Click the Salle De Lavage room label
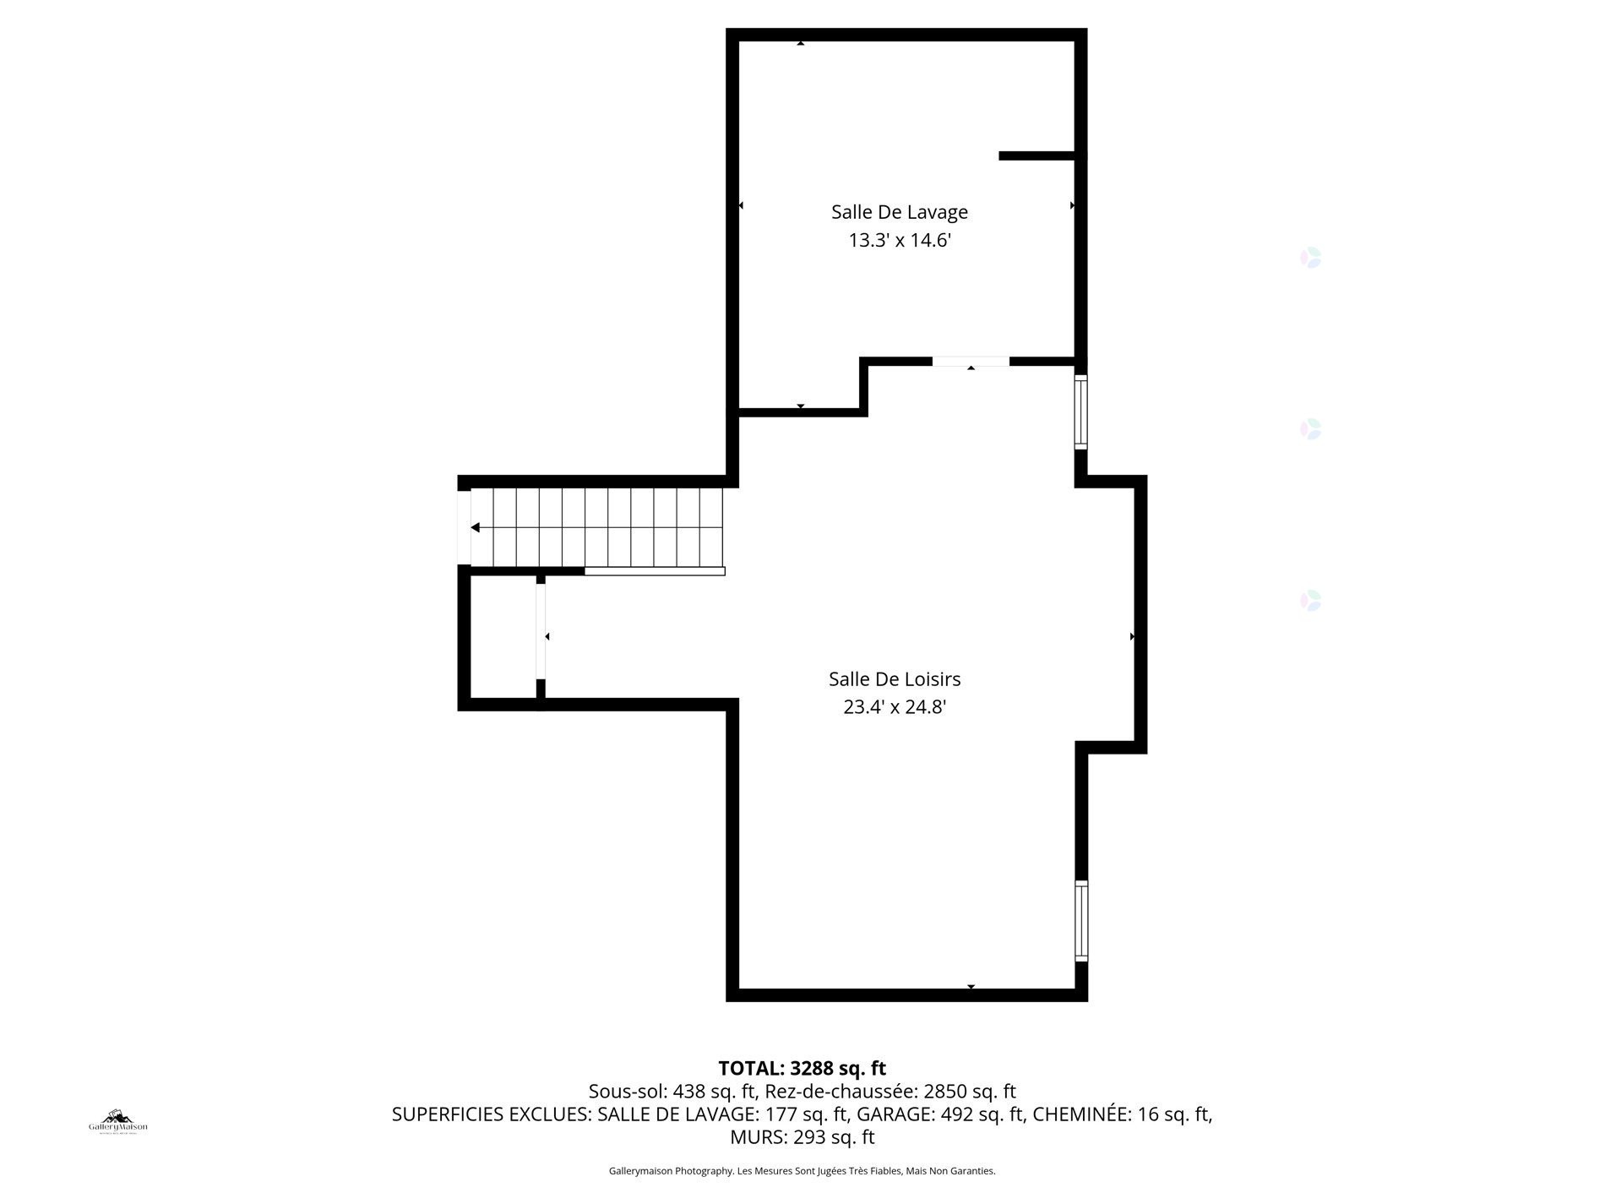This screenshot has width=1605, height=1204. (x=899, y=212)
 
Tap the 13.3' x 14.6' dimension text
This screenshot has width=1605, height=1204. (x=899, y=241)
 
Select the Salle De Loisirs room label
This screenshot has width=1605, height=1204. (x=894, y=679)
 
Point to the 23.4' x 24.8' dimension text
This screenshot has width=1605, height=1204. (x=894, y=707)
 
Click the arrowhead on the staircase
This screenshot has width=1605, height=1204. (x=476, y=528)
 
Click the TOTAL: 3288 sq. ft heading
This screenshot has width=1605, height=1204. (x=802, y=1069)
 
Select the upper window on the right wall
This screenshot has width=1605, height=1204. (x=1080, y=411)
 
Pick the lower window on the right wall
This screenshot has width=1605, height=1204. (x=1080, y=921)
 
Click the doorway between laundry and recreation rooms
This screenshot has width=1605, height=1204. (x=971, y=362)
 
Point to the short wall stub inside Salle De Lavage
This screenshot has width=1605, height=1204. (x=1036, y=156)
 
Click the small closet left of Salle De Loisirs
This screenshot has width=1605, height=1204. (x=503, y=638)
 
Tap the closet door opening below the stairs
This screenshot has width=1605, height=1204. (x=541, y=631)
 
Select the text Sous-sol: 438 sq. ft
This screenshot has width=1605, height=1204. (x=672, y=1092)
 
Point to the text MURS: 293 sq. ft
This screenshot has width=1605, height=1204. (x=802, y=1138)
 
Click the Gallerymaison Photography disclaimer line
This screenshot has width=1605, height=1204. (x=802, y=1171)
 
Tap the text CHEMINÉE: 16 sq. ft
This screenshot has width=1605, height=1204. (x=1122, y=1114)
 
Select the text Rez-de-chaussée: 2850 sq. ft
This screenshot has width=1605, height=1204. (x=890, y=1092)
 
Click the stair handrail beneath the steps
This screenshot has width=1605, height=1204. (x=655, y=572)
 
